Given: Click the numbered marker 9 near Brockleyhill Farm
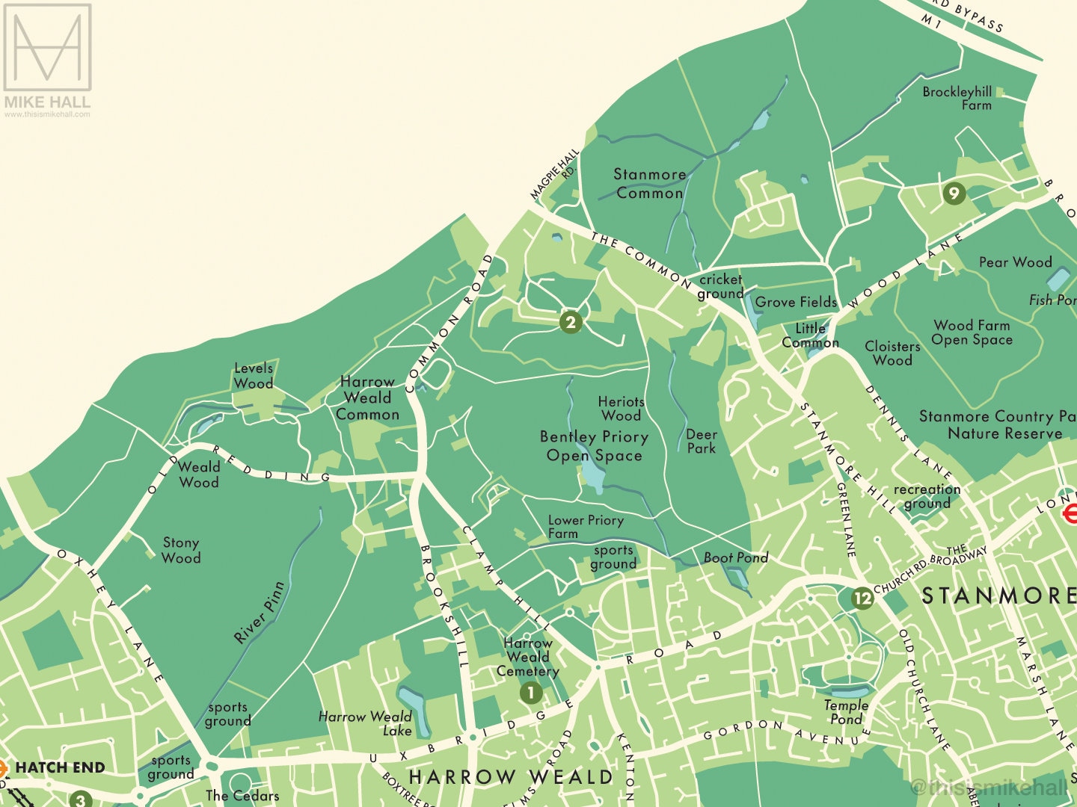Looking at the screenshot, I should [x=953, y=194].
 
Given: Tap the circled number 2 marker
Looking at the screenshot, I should [x=571, y=322].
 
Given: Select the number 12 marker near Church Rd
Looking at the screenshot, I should [x=862, y=598].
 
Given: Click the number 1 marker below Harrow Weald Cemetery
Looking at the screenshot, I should [x=530, y=693].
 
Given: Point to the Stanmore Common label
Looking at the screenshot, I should [x=649, y=184].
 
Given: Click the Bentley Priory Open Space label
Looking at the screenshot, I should [x=594, y=446].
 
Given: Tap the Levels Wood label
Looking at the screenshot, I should [x=254, y=376].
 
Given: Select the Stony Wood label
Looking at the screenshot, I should [x=181, y=550].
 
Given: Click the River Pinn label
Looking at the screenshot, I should [x=259, y=613].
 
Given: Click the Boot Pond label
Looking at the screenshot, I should [x=735, y=557].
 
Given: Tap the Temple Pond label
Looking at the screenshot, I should [x=846, y=712].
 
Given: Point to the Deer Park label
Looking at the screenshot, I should [x=702, y=441].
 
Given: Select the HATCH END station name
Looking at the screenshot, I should [x=60, y=767].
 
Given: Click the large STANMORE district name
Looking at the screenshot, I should [x=998, y=596].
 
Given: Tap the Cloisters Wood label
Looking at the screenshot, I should [x=892, y=353].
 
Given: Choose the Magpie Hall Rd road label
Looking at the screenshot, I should [x=556, y=173].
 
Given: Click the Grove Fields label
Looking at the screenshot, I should [x=796, y=302].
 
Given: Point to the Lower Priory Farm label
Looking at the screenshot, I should [x=585, y=526].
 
